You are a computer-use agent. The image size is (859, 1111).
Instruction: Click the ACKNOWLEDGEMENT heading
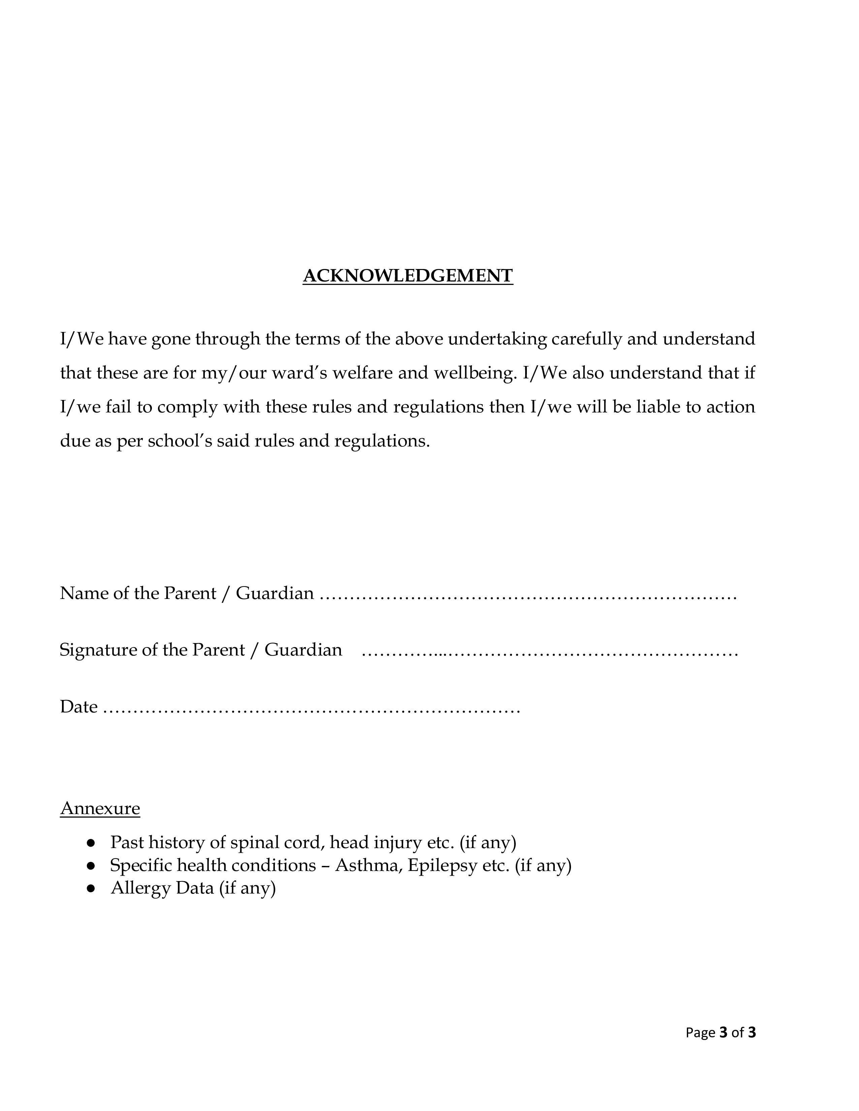coord(408,276)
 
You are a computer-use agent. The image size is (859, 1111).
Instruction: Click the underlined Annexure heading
coord(100,808)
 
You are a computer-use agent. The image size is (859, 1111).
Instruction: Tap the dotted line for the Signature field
coord(550,651)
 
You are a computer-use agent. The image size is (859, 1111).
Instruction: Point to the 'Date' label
coord(78,707)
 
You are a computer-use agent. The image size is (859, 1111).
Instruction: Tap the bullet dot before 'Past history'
coord(91,843)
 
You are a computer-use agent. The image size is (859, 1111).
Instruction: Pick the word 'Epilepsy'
coord(442,866)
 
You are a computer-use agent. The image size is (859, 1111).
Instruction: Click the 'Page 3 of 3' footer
coord(721,1032)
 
